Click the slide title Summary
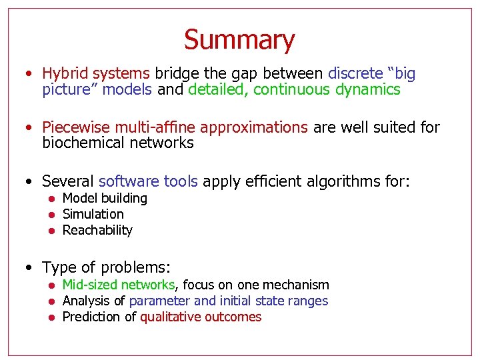pyautogui.click(x=239, y=40)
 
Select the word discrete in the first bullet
pyautogui.click(x=355, y=73)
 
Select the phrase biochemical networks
pyautogui.click(x=117, y=143)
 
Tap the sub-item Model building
pyautogui.click(x=105, y=198)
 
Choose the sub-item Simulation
pyautogui.click(x=93, y=214)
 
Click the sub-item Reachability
pyautogui.click(x=97, y=230)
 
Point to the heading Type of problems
pyautogui.click(x=107, y=267)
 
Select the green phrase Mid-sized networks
pyautogui.click(x=118, y=285)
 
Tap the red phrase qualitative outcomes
pyautogui.click(x=201, y=317)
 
